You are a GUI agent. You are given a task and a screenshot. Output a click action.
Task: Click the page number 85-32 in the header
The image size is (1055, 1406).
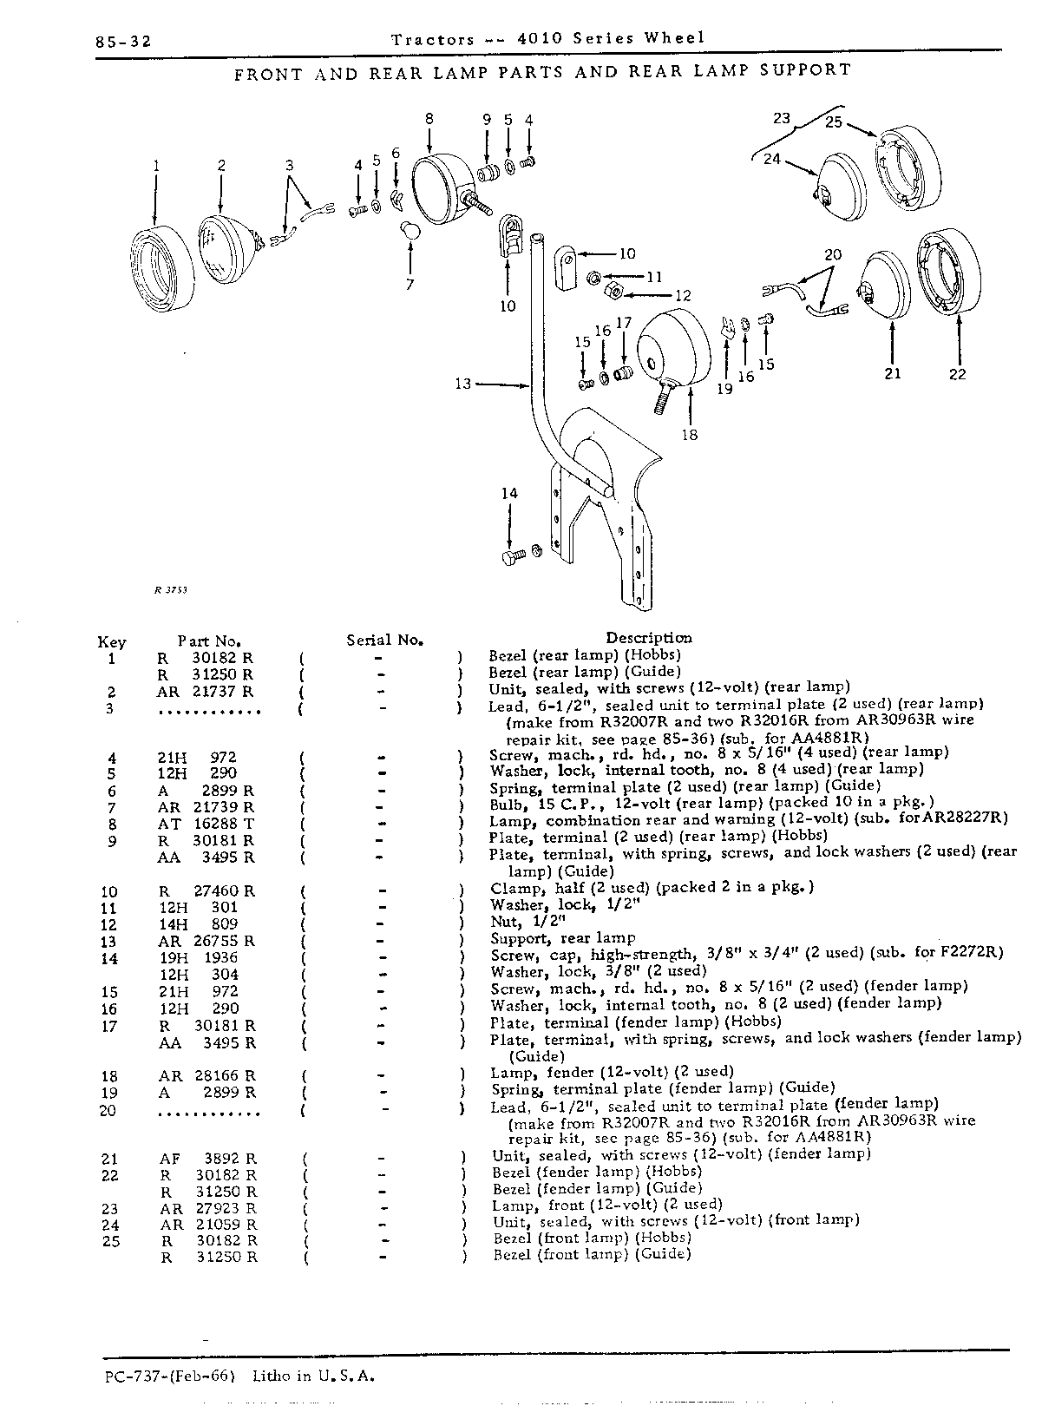coord(123,43)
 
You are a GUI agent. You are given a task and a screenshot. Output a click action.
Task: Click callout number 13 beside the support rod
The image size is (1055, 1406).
coord(462,384)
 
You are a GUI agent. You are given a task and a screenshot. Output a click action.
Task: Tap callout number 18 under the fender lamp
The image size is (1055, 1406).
coord(690,435)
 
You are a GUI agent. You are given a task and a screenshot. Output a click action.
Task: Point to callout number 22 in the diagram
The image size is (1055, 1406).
coord(957,374)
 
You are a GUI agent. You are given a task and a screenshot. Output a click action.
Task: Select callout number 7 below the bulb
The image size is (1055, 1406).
coord(410,284)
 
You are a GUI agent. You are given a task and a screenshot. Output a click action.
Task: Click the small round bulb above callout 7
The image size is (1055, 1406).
coord(410,229)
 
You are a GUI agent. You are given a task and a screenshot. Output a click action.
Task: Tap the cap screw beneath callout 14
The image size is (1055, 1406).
coord(514,555)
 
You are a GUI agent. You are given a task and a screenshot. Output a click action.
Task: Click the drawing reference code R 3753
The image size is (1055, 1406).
coord(170,590)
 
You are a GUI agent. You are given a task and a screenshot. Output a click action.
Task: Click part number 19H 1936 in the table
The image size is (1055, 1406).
coord(199,957)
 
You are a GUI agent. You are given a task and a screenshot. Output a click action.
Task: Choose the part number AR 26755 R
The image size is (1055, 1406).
coord(206,941)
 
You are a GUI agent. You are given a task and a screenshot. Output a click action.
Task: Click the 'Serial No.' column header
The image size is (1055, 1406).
coord(384,640)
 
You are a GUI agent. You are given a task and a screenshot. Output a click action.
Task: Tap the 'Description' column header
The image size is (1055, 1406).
coord(648,638)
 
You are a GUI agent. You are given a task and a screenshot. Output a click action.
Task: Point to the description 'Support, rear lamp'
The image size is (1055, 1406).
coord(563,938)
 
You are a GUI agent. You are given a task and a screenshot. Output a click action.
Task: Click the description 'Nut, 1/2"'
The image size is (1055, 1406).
coord(528,922)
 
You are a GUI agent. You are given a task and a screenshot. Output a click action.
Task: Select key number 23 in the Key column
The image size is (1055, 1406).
coord(110,1209)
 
